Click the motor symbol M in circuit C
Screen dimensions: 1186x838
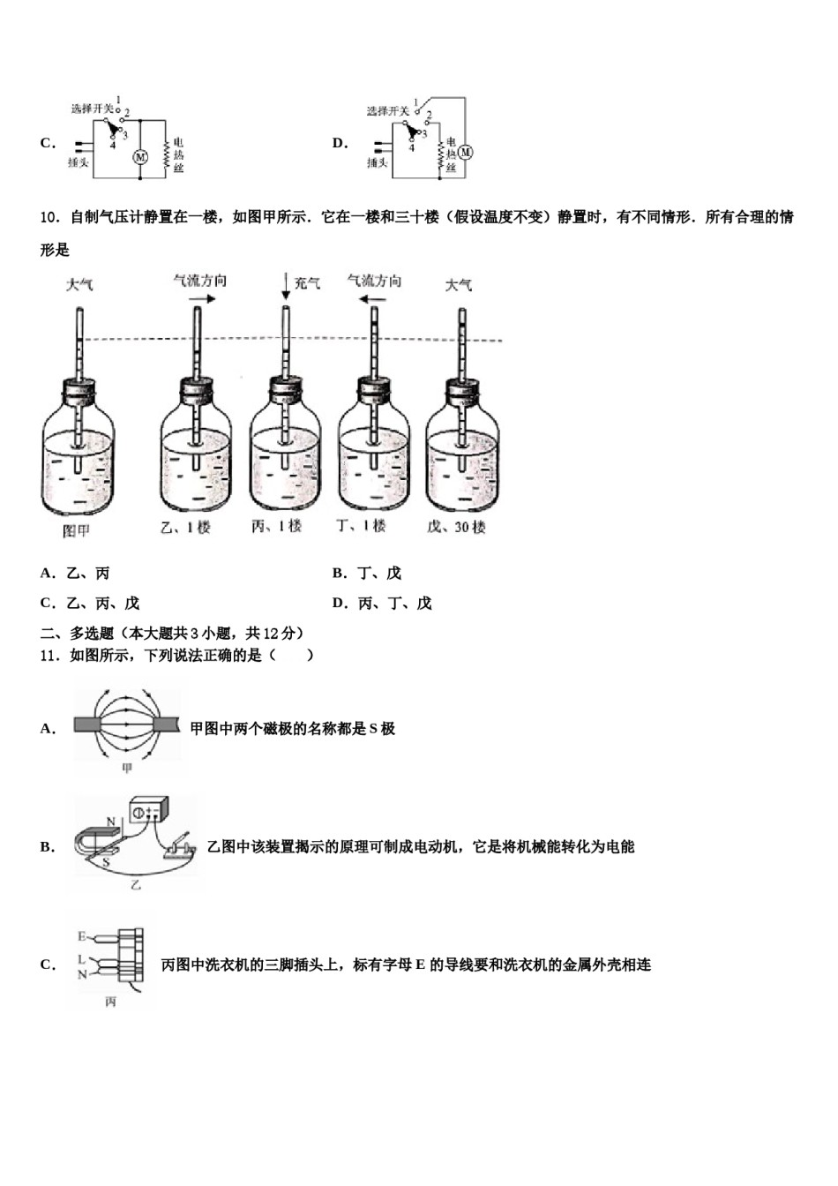139,157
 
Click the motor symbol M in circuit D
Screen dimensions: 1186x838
466,152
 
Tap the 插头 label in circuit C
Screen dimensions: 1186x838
79,163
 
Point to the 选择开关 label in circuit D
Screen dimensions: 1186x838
388,110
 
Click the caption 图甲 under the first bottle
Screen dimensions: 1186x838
76,531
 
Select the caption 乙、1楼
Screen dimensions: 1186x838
186,528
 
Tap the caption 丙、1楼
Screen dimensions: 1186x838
276,526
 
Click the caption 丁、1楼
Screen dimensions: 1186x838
362,526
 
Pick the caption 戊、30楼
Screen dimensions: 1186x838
456,527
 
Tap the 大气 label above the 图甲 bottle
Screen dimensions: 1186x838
79,284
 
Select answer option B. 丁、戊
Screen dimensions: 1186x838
367,574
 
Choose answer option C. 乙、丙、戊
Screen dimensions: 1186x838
90,604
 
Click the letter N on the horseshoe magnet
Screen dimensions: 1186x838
111,822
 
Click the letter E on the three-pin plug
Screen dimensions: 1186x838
81,936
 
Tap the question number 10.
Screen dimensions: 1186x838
49,217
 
